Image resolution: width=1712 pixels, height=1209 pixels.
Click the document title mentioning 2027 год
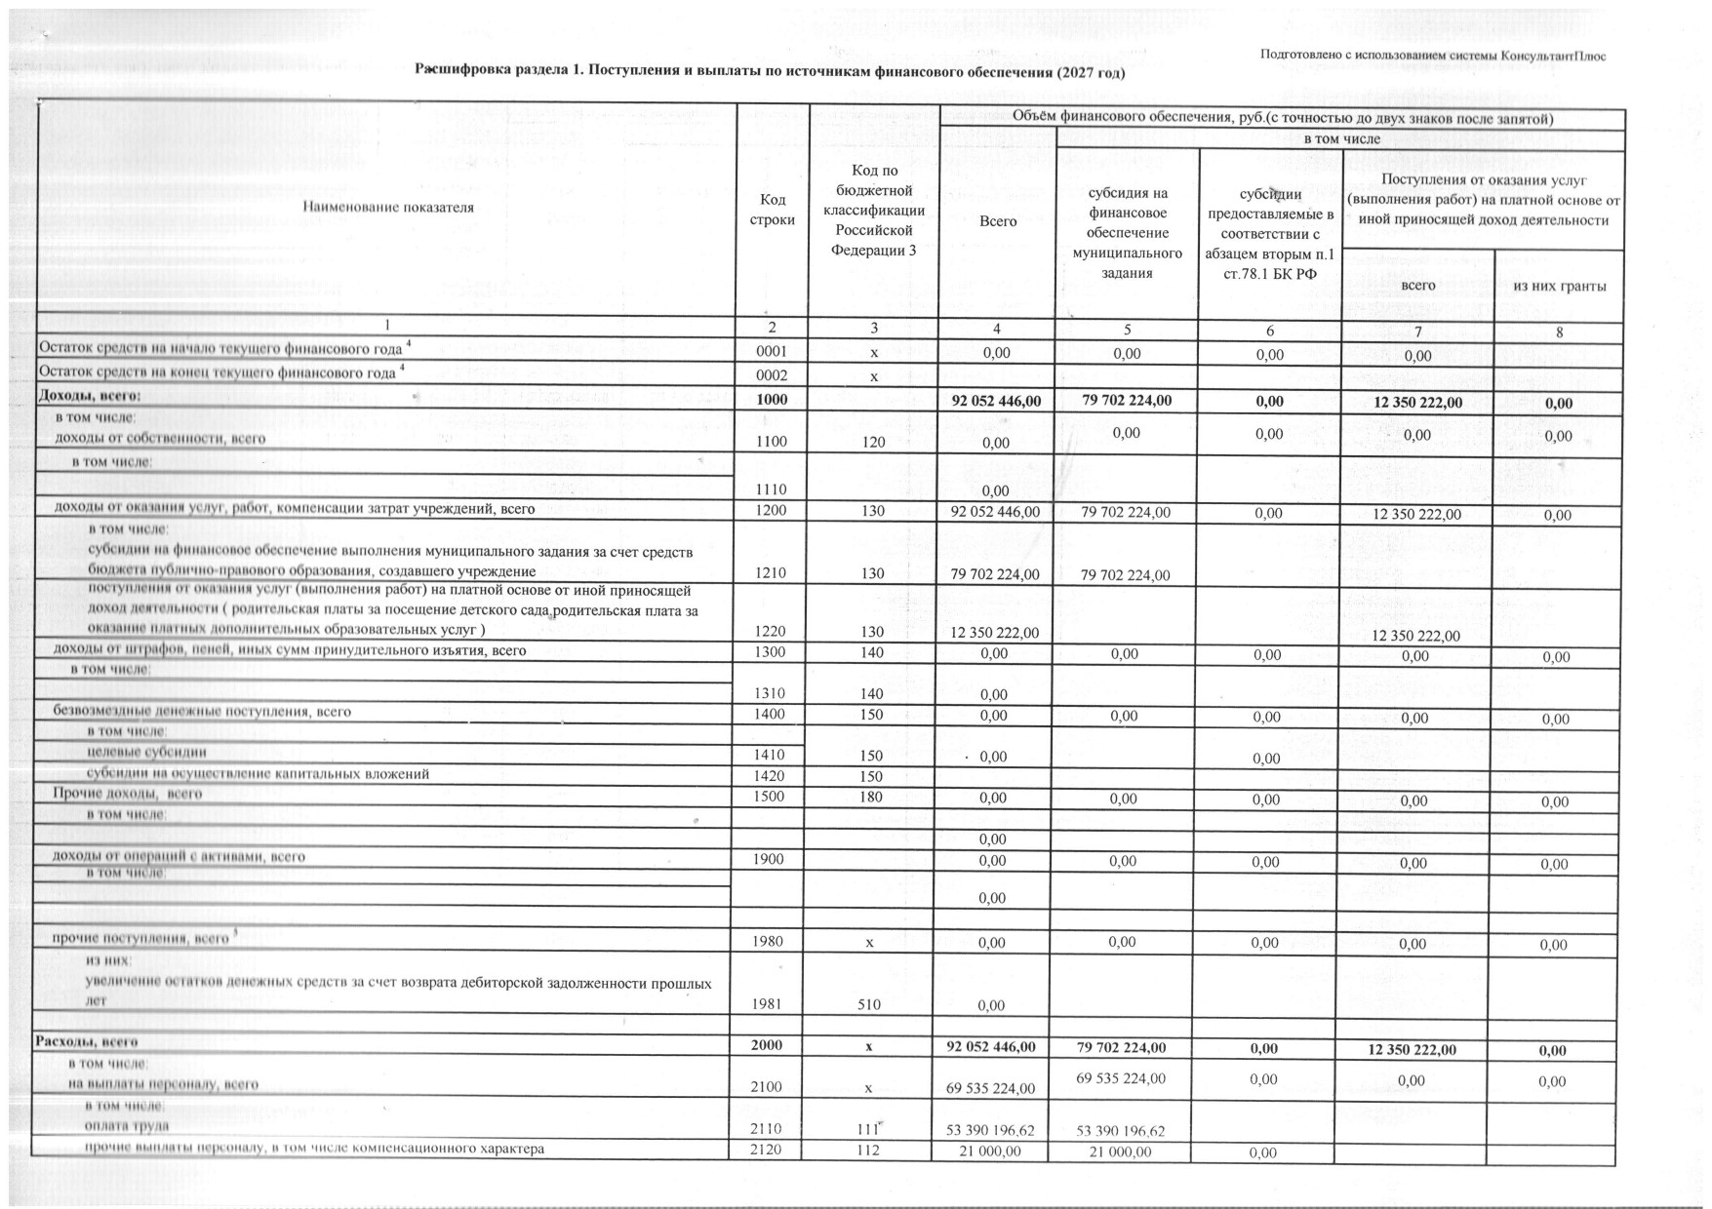[x=770, y=71]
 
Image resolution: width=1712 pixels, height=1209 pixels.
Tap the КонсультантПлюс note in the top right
[x=1432, y=56]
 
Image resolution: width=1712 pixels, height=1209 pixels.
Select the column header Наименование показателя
[x=388, y=207]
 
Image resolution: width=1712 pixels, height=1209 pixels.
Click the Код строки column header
[x=772, y=210]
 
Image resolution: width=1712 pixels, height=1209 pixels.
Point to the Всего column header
[x=997, y=221]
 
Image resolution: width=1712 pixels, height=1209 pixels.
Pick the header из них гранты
[x=1559, y=286]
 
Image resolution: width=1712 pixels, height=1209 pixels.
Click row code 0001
[x=772, y=353]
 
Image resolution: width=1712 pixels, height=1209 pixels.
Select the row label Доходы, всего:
[x=89, y=396]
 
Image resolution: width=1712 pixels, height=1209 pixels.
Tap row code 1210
[x=771, y=573]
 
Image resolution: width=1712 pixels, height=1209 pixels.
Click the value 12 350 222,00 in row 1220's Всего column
[x=994, y=633]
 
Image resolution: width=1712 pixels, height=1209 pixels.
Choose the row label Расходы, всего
[x=87, y=1042]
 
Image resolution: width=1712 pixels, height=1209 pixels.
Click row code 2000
[x=767, y=1045]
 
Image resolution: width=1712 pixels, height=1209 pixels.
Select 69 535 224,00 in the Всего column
[x=990, y=1088]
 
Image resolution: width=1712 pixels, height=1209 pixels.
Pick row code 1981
[x=768, y=1003]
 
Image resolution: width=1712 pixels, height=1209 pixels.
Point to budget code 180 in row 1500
[x=871, y=797]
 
